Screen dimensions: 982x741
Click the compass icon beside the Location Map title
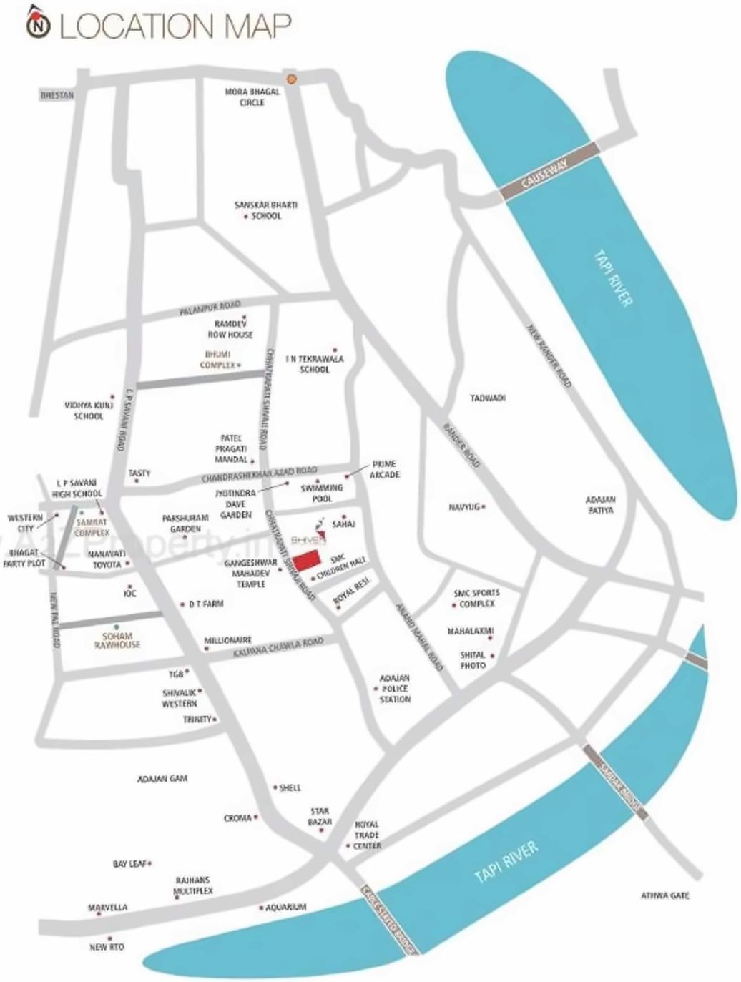39,25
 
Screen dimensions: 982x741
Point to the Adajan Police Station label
395,689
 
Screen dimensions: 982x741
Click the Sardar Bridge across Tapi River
614,782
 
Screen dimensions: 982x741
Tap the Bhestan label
57,95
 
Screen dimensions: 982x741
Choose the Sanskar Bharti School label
265,210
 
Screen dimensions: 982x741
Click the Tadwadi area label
488,398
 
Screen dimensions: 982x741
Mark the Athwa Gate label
664,895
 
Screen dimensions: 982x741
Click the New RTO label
107,947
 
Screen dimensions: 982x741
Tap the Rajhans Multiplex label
193,886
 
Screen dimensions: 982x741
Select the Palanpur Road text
209,308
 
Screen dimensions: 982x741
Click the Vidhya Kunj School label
89,411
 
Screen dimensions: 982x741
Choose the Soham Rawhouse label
117,640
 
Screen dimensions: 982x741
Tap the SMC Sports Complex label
476,598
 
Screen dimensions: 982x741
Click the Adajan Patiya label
601,505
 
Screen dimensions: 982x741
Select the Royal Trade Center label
368,835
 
